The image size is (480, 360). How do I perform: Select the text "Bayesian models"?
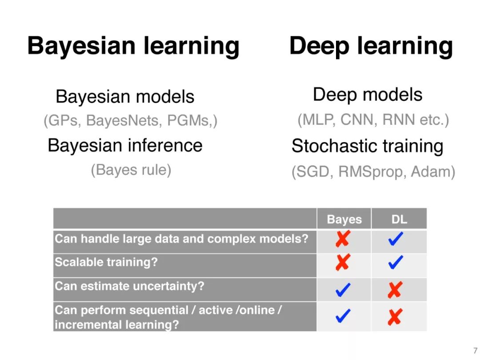click(x=125, y=97)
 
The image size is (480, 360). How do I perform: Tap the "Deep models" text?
click(x=368, y=95)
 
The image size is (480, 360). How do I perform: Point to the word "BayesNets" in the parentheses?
click(x=123, y=120)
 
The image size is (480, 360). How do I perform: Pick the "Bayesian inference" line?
click(x=125, y=145)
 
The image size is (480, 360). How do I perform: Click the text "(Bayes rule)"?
click(x=131, y=170)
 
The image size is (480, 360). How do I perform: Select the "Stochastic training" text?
click(x=368, y=146)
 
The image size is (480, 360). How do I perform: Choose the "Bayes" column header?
click(x=344, y=219)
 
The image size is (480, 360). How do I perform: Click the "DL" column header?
click(x=399, y=219)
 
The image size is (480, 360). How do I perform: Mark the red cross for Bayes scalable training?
click(x=343, y=262)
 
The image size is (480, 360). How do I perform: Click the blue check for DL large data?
click(x=396, y=239)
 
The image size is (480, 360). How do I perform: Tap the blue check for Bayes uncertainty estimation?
click(x=343, y=290)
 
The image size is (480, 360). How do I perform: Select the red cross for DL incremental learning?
click(x=395, y=317)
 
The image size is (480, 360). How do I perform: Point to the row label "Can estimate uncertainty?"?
click(x=129, y=286)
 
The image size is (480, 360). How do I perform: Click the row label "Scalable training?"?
click(x=106, y=262)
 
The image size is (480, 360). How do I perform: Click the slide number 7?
click(x=475, y=351)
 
